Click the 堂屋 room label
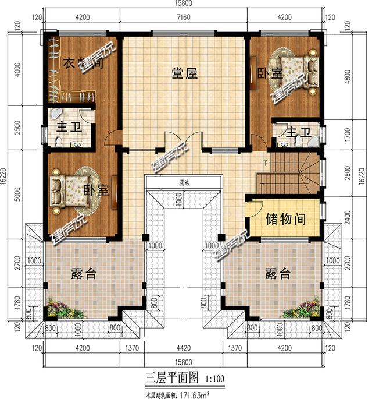(185, 73)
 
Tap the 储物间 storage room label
(286, 220)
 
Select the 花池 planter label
(184, 183)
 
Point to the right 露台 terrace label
(277, 274)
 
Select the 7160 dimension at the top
(184, 18)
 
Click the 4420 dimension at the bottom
(184, 349)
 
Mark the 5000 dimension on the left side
(17, 196)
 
